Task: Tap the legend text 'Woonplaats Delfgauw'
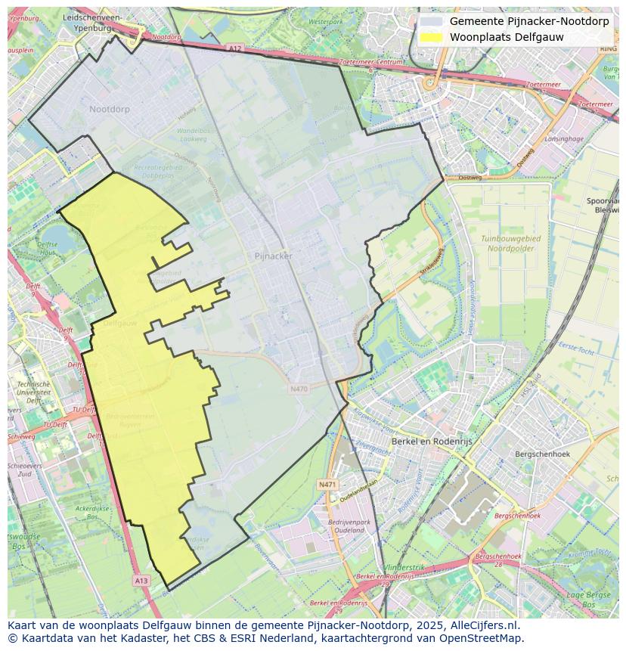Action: tap(507, 37)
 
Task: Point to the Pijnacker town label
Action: tap(274, 256)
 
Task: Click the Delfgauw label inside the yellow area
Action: tap(119, 322)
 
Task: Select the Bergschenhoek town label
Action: tap(541, 454)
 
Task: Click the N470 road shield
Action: tap(299, 389)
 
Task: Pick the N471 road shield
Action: tap(327, 484)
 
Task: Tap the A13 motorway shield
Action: tap(141, 580)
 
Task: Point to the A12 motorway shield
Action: tap(235, 48)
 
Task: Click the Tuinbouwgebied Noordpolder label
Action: tap(511, 243)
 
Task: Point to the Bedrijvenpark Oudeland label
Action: tap(349, 526)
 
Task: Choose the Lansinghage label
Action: tap(564, 139)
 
